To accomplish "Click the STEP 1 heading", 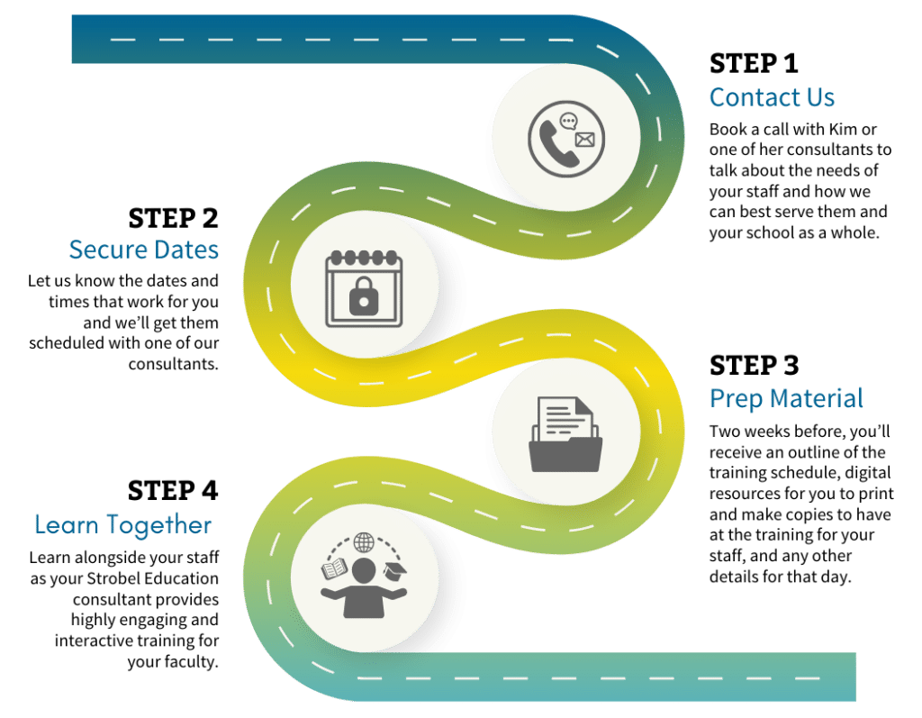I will (x=754, y=63).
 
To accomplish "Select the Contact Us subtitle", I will (x=772, y=97).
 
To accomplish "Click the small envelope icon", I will (x=584, y=140).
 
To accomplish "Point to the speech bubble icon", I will (x=568, y=122).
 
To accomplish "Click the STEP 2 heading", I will (x=173, y=218).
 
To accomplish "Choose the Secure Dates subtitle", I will (x=144, y=250).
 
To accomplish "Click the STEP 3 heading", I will (x=754, y=365).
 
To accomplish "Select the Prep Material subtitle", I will (x=786, y=398).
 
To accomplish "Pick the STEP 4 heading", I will (x=173, y=490).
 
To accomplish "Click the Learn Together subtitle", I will (x=123, y=524).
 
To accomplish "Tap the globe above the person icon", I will (x=363, y=543).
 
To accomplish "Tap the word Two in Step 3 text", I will (x=727, y=431).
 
